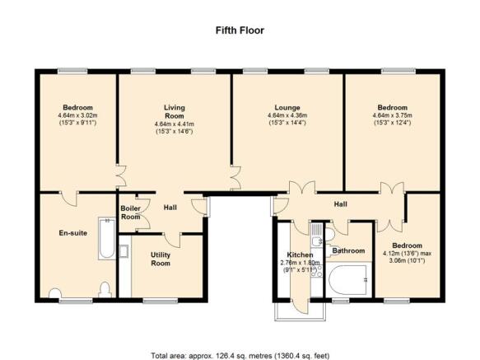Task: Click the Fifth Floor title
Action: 240,30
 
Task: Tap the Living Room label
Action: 175,112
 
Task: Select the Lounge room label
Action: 287,108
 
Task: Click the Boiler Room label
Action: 130,213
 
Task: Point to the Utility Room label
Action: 161,259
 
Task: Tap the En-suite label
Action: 72,233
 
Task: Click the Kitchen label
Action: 300,255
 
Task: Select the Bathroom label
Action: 348,251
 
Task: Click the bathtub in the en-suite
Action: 107,238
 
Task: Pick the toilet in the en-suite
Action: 105,289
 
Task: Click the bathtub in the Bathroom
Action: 347,280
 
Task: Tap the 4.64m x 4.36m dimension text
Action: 287,115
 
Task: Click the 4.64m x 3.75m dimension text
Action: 392,115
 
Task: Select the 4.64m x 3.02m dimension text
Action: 77,115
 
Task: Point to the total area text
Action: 240,356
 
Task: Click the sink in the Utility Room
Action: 123,251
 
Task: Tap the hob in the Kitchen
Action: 316,271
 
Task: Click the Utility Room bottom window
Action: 161,302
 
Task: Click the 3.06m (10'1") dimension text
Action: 408,261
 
